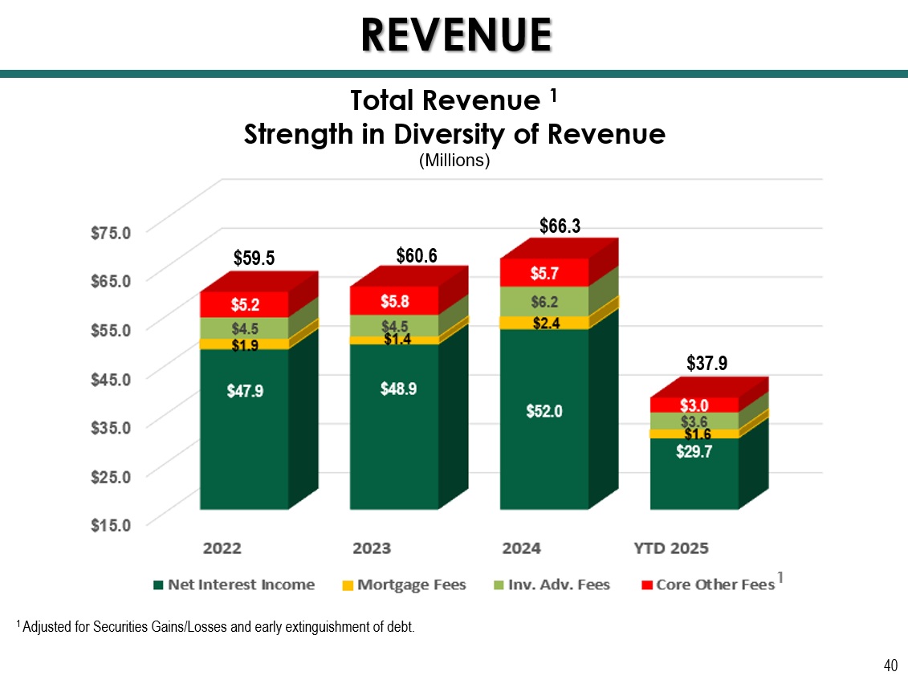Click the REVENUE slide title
tap(455, 34)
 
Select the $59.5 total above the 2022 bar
tap(254, 258)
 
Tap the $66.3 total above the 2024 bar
tap(560, 226)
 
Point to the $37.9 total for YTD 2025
tap(707, 364)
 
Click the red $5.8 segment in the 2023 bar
tap(394, 302)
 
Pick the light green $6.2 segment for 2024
tap(544, 302)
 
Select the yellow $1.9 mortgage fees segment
tap(244, 344)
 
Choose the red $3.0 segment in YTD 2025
tap(694, 405)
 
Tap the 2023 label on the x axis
tap(372, 548)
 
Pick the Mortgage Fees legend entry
tap(403, 584)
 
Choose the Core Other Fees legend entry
tap(707, 584)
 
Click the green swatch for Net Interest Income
tap(160, 585)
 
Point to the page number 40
tap(890, 665)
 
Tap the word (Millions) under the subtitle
tap(454, 161)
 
